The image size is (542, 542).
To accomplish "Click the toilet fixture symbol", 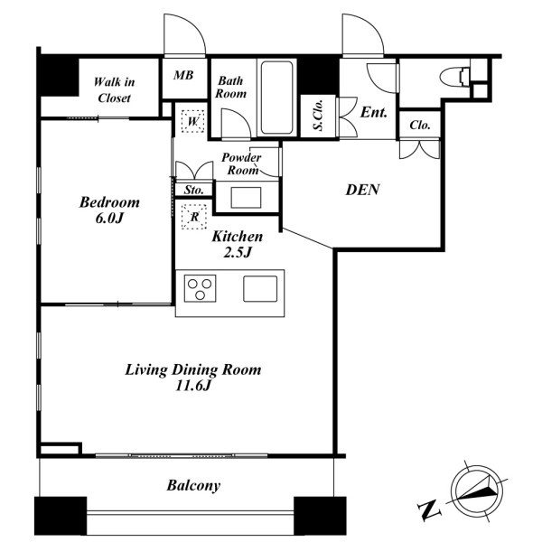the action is (454, 76).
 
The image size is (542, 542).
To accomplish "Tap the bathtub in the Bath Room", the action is (277, 98).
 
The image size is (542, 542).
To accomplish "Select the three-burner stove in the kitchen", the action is (201, 288).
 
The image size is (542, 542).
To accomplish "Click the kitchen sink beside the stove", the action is (260, 289).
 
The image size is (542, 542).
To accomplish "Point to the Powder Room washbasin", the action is (246, 198).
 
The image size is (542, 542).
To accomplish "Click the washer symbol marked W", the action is (193, 121).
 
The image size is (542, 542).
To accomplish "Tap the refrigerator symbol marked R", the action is (194, 217).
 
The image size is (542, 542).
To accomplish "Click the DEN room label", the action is (362, 190).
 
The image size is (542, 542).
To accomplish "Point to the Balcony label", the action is (193, 486).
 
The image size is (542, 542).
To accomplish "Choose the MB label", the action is (183, 75).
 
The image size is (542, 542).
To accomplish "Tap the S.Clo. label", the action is (318, 116).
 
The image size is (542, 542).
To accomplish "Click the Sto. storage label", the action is (193, 190).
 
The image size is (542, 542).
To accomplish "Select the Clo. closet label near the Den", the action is (420, 125).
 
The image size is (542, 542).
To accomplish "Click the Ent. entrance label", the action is (374, 112).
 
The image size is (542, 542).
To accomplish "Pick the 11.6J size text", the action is (193, 386).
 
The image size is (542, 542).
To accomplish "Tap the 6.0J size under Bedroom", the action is (109, 219).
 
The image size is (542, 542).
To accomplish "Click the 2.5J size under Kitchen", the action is (238, 253).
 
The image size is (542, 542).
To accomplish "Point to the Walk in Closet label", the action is (114, 89).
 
